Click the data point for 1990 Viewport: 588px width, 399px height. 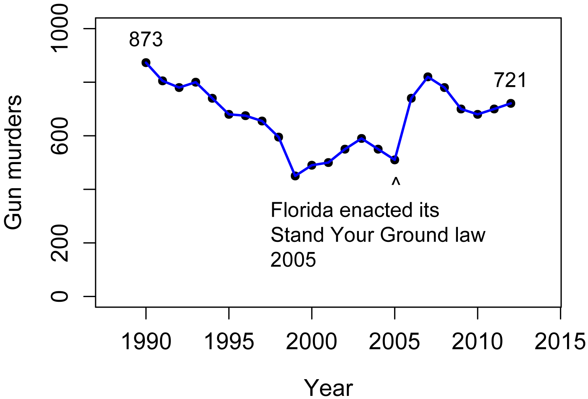tap(146, 63)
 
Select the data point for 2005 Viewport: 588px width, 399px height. tap(395, 159)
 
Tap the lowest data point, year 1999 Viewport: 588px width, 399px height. tap(295, 176)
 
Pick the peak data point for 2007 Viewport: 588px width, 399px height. tap(428, 77)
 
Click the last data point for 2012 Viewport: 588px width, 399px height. tap(511, 103)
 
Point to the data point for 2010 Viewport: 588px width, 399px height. tap(478, 114)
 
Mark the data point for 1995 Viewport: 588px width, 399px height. tap(229, 114)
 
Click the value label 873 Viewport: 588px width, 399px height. tap(146, 39)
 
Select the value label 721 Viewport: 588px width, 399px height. tap(510, 80)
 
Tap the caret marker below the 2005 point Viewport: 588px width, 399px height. tap(395, 182)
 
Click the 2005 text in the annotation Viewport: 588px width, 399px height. tap(293, 260)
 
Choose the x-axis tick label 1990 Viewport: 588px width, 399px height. tap(146, 342)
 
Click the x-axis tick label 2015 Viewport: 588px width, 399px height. tap(560, 342)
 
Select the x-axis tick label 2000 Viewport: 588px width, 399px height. tap(311, 342)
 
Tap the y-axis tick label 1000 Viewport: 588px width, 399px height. tap(60, 28)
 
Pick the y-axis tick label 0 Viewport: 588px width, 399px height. tap(60, 296)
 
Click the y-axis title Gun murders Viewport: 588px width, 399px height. tap(14, 163)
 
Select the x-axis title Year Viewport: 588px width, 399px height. tap(329, 388)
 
